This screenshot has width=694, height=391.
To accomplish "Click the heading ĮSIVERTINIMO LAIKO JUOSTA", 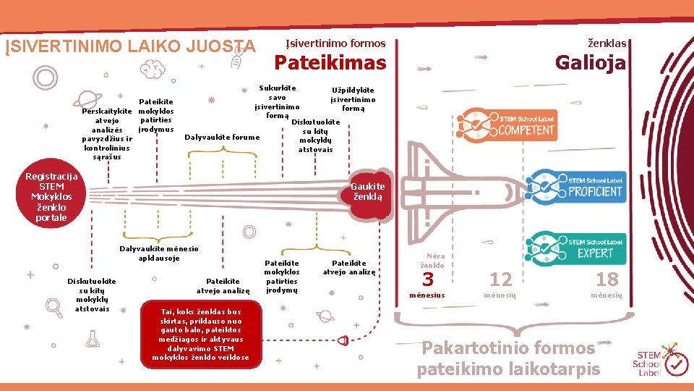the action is click(131, 47).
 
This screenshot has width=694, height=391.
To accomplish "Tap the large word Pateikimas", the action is click(330, 64).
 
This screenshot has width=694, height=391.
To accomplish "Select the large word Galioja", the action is click(590, 64).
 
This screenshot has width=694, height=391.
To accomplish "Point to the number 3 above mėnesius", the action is click(428, 279).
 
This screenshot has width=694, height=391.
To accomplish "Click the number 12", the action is click(500, 279).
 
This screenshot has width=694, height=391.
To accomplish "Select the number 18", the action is click(607, 279).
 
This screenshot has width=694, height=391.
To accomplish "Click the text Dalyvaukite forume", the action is click(222, 137).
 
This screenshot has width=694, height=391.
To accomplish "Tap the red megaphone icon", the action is click(343, 340).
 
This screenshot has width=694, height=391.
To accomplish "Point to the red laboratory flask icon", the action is click(92, 338).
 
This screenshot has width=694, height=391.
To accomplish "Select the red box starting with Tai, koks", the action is click(200, 334).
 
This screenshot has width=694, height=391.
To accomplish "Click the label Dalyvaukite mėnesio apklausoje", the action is click(159, 253).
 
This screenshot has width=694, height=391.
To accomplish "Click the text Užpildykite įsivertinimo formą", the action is click(353, 99).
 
